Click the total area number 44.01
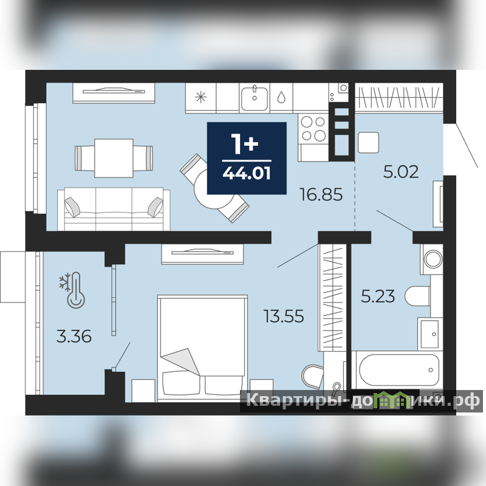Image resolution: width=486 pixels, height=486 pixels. (247, 173)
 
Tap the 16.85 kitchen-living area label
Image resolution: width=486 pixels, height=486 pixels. (321, 194)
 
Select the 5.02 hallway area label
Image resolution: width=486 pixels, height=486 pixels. (401, 172)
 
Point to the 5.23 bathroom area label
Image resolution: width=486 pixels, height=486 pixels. (378, 296)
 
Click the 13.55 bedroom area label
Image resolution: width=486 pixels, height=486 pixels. (284, 317)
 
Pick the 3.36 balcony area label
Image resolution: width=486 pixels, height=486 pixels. (74, 337)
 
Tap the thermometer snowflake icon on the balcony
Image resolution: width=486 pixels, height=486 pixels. (72, 290)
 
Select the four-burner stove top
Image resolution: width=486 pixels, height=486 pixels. (313, 128)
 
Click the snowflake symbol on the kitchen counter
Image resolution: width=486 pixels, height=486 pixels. (200, 97)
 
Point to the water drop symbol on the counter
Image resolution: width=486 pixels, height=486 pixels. (281, 97)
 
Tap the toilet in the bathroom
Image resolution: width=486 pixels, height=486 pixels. (417, 296)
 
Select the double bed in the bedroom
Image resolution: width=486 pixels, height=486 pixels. (202, 348)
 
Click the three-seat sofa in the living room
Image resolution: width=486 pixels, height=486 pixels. (114, 209)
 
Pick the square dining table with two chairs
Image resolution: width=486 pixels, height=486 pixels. (114, 158)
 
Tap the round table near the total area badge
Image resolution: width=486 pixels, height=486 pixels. (214, 189)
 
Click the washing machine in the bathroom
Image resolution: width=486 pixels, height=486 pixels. (432, 259)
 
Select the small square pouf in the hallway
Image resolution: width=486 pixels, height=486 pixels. (368, 142)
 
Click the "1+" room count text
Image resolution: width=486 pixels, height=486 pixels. (245, 144)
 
